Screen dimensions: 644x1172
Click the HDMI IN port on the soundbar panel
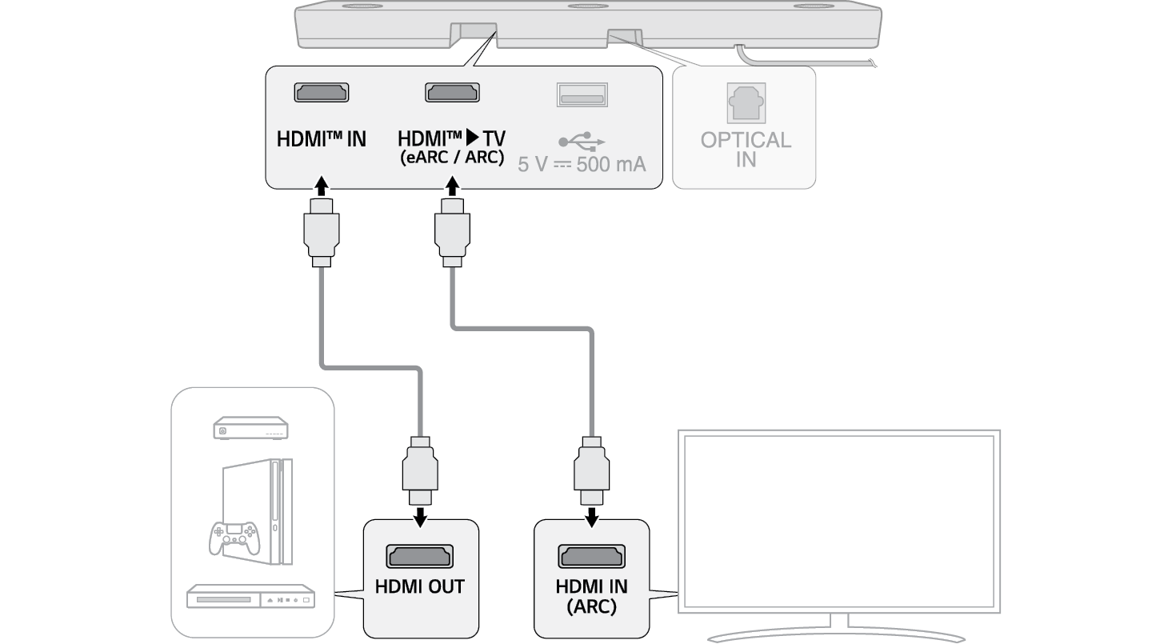click(322, 93)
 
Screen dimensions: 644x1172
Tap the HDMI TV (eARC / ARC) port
click(452, 93)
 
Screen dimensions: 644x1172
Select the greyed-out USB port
click(582, 94)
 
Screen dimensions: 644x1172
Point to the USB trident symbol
click(582, 142)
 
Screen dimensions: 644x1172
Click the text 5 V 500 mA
click(582, 165)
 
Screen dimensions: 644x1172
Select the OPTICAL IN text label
click(746, 150)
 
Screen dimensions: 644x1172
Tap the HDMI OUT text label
click(420, 586)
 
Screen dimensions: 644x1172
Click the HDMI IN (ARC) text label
click(591, 596)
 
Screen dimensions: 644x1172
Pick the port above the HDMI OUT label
click(420, 556)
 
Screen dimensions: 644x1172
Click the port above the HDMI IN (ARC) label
click(591, 556)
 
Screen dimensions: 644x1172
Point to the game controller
click(234, 537)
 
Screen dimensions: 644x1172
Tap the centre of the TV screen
click(839, 524)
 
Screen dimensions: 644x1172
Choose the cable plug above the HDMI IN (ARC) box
click(591, 472)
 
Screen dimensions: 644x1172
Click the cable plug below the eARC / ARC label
click(452, 232)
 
